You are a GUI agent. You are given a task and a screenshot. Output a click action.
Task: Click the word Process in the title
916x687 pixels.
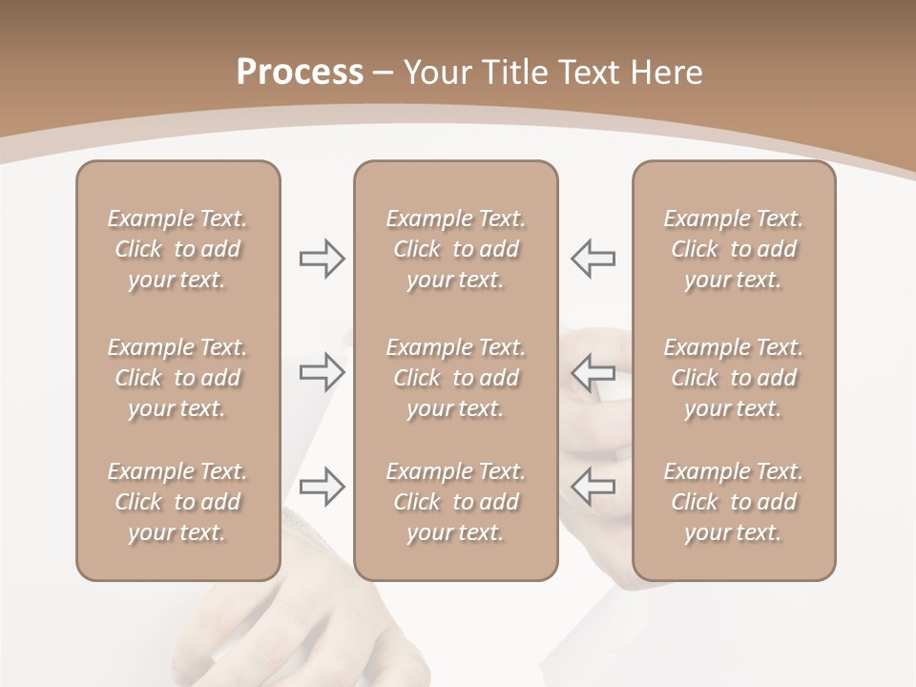300,73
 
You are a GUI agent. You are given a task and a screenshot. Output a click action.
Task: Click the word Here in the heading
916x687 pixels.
667,73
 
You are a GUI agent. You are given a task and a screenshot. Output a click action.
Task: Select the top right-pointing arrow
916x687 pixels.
322,259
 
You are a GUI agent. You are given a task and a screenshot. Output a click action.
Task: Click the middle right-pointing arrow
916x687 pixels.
322,372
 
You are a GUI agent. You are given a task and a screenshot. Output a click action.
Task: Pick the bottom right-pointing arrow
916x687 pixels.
322,487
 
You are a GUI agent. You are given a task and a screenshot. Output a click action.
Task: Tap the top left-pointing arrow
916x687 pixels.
593,259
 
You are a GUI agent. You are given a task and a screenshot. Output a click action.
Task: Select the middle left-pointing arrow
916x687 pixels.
593,372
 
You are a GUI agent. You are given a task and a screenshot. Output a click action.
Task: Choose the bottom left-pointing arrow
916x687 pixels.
593,487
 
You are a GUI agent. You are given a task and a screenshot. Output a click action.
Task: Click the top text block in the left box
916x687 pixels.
177,249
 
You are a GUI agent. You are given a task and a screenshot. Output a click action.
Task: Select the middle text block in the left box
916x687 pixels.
177,378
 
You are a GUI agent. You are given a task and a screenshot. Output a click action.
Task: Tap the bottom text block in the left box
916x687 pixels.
177,502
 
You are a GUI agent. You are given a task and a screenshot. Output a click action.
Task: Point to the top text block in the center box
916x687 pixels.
455,249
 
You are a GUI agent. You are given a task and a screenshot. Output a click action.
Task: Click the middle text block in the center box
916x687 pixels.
455,378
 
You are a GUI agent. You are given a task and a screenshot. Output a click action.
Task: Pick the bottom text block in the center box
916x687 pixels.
455,502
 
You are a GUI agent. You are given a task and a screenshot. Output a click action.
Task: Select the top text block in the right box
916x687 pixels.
734,249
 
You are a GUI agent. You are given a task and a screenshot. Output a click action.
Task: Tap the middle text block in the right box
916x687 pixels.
734,378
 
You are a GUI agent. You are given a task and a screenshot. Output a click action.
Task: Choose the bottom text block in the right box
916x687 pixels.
734,502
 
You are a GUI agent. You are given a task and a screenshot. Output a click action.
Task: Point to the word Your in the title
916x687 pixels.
436,73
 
